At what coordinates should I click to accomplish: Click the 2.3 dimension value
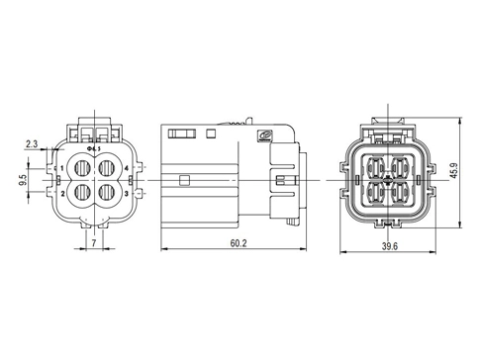point(32,144)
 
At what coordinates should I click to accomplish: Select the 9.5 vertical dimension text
point(21,181)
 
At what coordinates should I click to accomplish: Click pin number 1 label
point(62,170)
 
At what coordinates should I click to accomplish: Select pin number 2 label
point(62,194)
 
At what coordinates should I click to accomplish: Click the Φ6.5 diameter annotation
point(95,149)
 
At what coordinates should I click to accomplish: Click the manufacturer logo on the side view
point(264,137)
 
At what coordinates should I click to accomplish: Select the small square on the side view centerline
point(185,180)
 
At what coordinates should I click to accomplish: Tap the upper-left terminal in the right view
point(377,165)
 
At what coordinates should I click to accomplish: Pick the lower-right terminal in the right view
point(403,191)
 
